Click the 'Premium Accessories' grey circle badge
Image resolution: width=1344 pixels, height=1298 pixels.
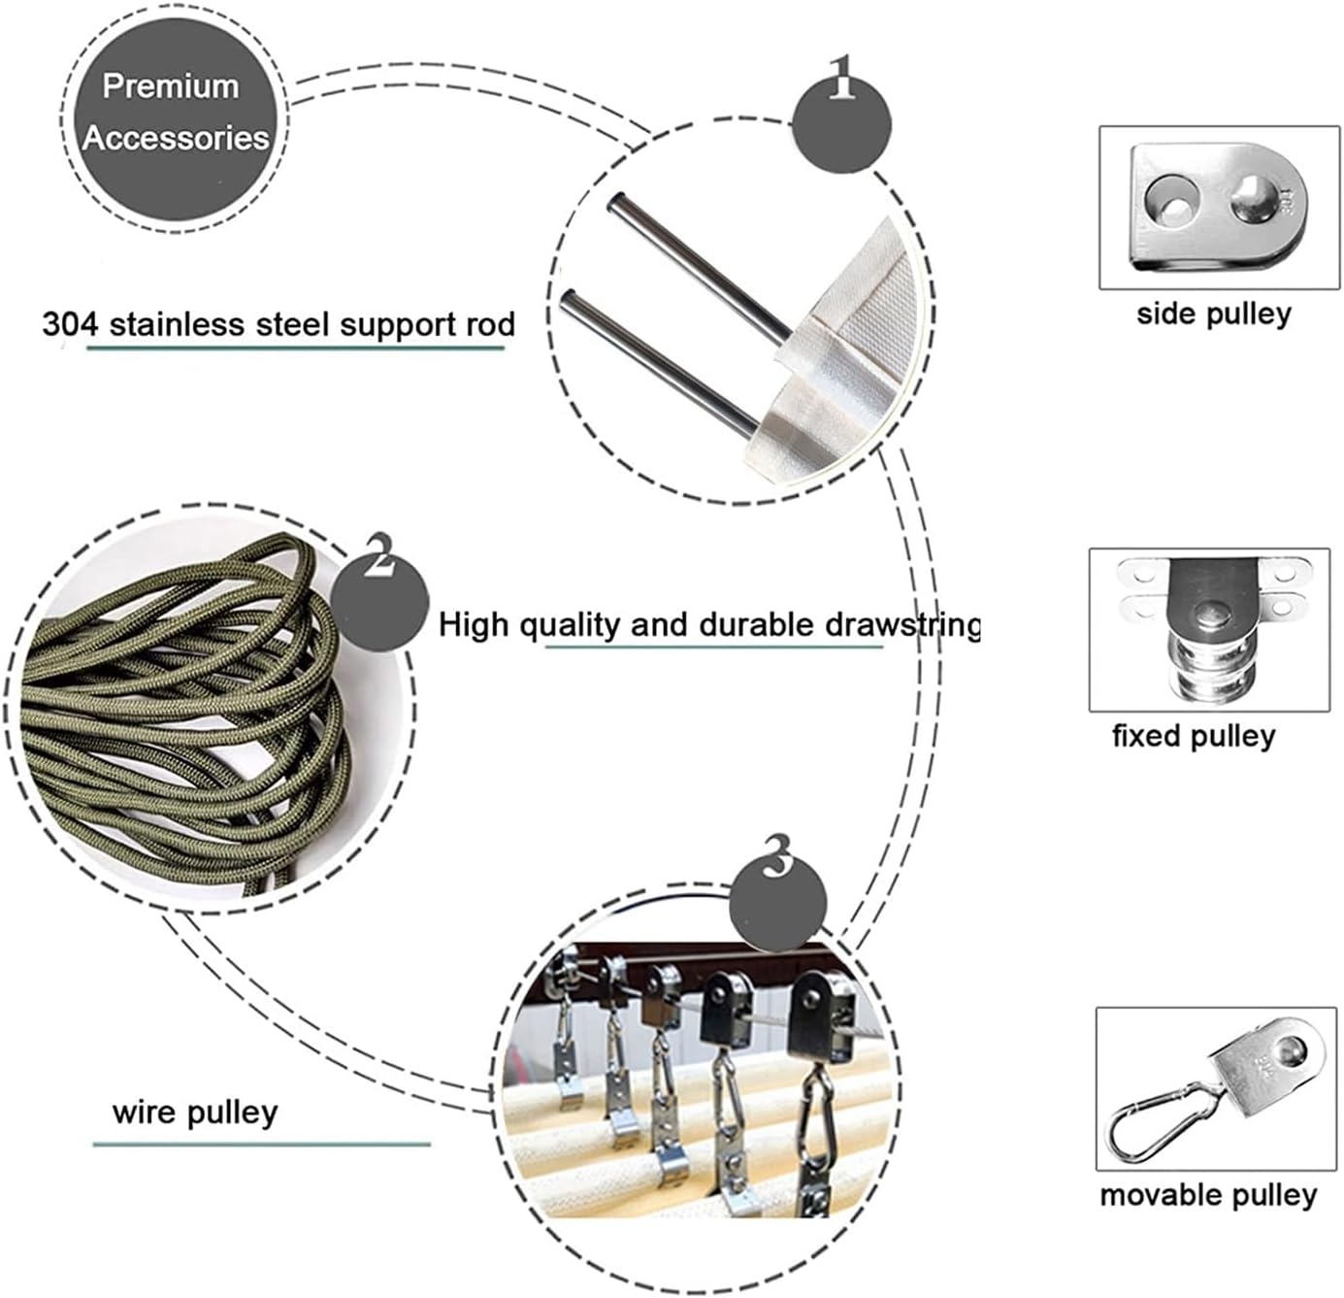pos(175,114)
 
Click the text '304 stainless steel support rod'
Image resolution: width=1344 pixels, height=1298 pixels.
pos(279,324)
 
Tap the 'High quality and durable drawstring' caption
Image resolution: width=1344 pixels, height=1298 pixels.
pos(708,624)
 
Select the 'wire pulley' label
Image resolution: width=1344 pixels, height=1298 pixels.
pos(195,1112)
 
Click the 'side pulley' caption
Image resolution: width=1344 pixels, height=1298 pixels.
pos(1214,314)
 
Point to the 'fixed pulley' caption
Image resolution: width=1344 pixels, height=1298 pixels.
pos(1194,736)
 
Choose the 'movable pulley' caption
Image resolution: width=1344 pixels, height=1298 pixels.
pos(1208,1195)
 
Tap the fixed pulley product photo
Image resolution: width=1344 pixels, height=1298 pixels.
pos(1208,629)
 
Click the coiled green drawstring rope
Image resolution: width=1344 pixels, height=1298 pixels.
pos(184,709)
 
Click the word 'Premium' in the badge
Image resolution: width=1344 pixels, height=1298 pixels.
pos(171,86)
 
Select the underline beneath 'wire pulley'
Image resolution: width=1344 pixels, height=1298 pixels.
pos(262,1144)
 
